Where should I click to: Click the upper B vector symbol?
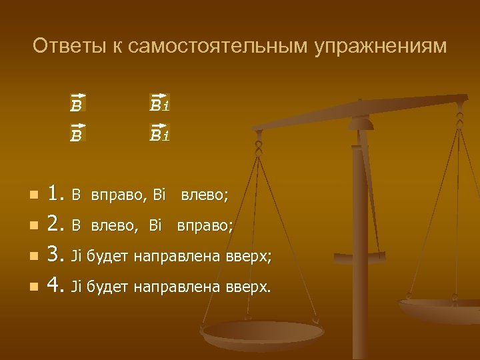[x=77, y=105]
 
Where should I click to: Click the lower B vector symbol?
[x=77, y=135]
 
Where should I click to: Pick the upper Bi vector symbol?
[x=159, y=104]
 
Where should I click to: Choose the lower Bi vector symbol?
[x=159, y=135]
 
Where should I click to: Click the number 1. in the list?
[x=56, y=195]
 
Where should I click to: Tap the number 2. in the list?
[x=56, y=225]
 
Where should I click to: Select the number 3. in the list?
[x=56, y=256]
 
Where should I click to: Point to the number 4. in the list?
[x=56, y=287]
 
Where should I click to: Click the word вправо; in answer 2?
[x=205, y=226]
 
